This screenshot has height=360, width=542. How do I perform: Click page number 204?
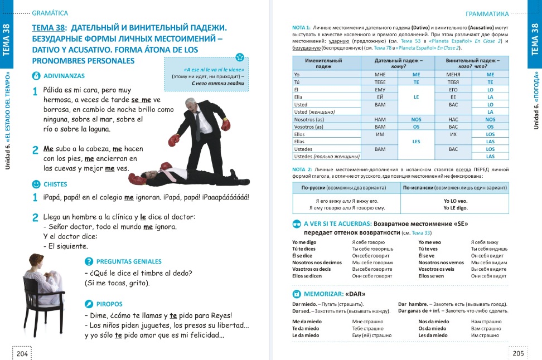(x=22, y=353)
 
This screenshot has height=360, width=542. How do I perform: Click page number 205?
(x=518, y=353)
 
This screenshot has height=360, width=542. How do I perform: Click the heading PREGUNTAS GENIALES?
(x=129, y=261)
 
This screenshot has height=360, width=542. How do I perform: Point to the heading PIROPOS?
(x=109, y=304)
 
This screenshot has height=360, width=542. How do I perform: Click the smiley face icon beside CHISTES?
(x=36, y=184)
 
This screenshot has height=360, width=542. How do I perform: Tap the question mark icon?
(x=88, y=261)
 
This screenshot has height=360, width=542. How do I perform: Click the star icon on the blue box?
(x=239, y=57)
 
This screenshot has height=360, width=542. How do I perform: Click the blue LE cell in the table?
(x=416, y=96)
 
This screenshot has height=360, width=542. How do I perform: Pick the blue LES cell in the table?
(x=416, y=142)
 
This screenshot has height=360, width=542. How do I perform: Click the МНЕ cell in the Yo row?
(x=381, y=74)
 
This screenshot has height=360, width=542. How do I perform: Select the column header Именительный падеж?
(x=324, y=62)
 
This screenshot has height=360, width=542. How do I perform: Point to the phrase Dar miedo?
(x=303, y=304)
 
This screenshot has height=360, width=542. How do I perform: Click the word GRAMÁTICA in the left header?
(x=50, y=12)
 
